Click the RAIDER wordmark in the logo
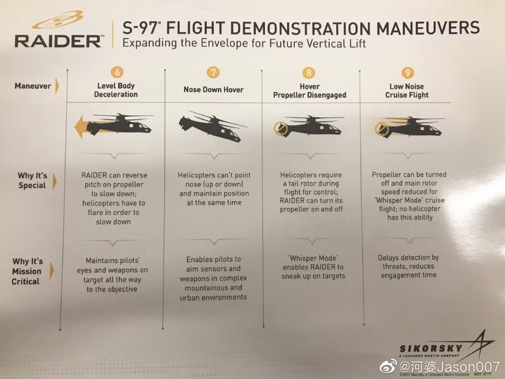click(x=57, y=41)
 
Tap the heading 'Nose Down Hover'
click(x=213, y=90)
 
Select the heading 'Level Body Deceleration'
click(x=117, y=90)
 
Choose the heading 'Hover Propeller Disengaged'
click(x=310, y=90)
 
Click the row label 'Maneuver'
click(x=32, y=86)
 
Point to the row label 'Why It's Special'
click(x=32, y=180)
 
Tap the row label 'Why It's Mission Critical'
click(x=27, y=271)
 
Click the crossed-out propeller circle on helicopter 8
click(x=278, y=128)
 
